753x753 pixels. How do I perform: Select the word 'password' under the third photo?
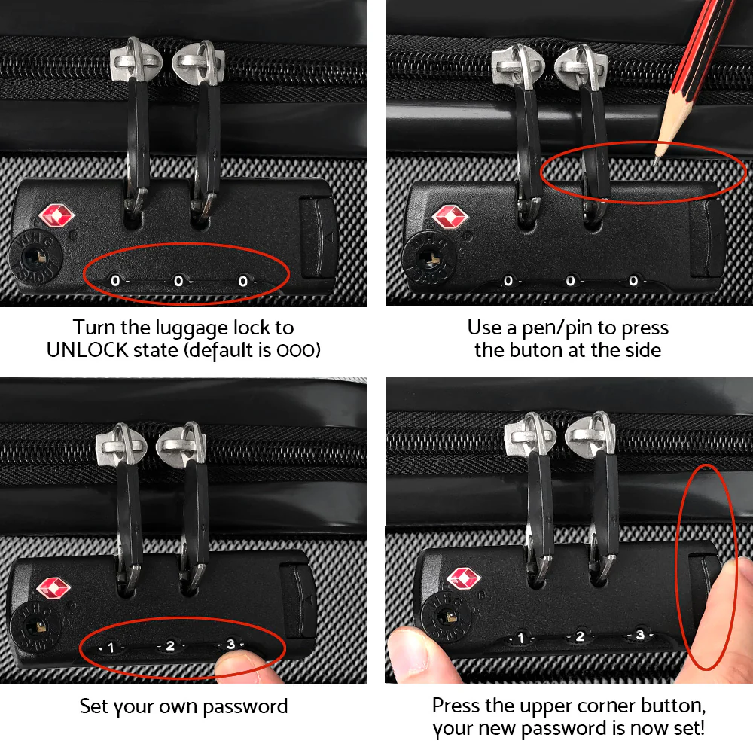click(x=244, y=706)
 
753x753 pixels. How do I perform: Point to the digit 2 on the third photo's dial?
click(x=170, y=645)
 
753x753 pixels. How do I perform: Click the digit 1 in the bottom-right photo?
click(x=520, y=639)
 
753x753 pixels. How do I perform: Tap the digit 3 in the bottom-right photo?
click(x=640, y=635)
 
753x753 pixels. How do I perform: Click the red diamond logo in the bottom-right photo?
click(x=463, y=578)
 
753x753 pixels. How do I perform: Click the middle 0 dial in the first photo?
click(x=178, y=281)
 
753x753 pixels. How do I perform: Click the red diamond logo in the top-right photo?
click(x=450, y=218)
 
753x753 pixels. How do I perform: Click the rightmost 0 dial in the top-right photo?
click(x=633, y=281)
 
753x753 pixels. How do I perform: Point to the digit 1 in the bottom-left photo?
click(x=111, y=647)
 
